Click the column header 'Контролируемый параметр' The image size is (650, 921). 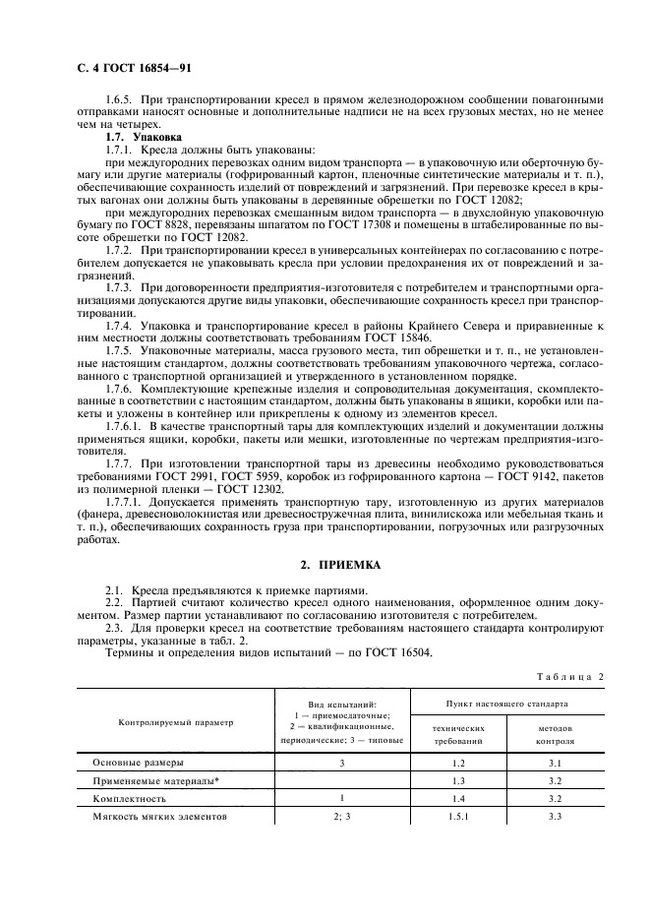[x=177, y=722]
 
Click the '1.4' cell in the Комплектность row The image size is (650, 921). [x=454, y=799]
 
